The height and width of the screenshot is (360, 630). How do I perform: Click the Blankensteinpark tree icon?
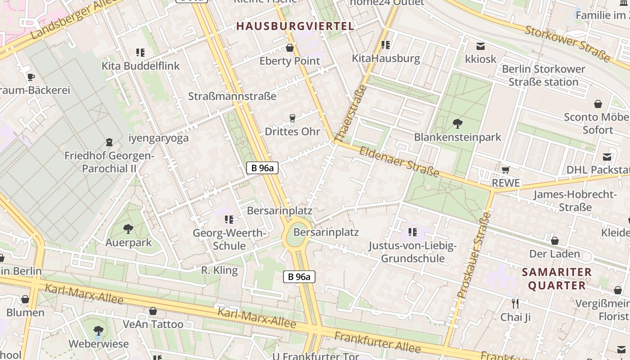tap(458, 123)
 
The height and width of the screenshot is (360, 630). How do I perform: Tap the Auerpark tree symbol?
tap(128, 229)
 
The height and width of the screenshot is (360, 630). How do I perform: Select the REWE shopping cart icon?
tap(505, 170)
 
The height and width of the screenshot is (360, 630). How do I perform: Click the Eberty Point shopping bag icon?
tap(290, 47)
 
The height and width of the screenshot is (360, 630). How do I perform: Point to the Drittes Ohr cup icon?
tap(292, 118)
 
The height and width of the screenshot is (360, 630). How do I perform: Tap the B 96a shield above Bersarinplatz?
tap(262, 168)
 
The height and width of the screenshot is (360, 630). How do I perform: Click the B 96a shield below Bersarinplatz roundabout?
tap(299, 277)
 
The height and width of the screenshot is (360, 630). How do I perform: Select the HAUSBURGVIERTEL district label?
tap(296, 26)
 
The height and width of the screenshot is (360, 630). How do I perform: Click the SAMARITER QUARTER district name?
tap(557, 279)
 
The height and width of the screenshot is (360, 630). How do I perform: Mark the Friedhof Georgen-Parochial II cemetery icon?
tap(109, 142)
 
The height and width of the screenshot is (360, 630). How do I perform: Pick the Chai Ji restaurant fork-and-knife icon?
tap(515, 303)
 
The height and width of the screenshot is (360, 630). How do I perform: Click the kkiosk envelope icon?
tap(481, 46)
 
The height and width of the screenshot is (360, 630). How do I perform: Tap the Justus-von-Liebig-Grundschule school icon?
tap(412, 232)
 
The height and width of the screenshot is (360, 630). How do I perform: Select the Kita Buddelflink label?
tap(140, 66)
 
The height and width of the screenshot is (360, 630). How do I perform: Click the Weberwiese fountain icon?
tap(99, 331)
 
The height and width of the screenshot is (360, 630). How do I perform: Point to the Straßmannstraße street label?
tap(232, 96)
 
